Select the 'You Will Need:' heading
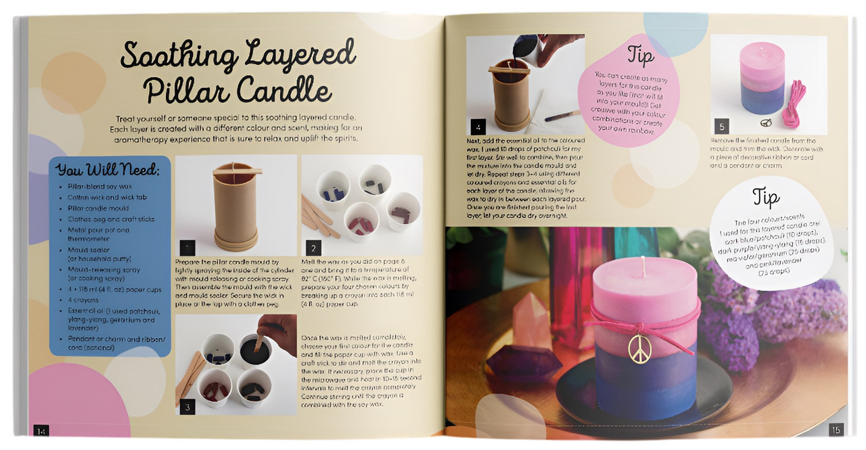coord(108,170)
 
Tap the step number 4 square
coord(478,126)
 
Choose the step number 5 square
coord(722,126)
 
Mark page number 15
coord(836,429)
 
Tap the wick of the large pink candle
coord(643,266)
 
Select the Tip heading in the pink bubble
coord(640,55)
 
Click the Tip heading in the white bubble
coord(765,198)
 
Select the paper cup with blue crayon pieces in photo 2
coord(333,189)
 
